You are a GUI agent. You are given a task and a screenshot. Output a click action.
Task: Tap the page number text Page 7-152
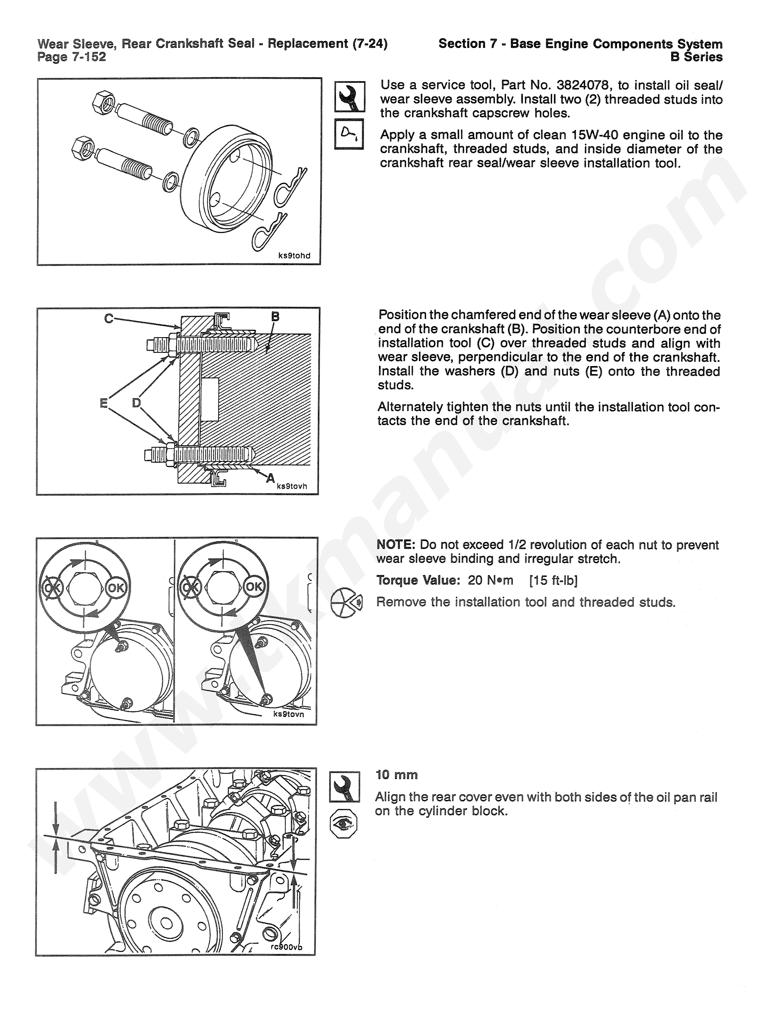(x=72, y=57)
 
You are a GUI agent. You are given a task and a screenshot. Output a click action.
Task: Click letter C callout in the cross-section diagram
(x=109, y=319)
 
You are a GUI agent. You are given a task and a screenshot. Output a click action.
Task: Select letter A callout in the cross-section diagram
(x=270, y=478)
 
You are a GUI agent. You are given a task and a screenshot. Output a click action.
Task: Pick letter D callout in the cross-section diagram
(x=136, y=403)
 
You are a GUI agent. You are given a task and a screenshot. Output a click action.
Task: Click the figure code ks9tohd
(x=294, y=256)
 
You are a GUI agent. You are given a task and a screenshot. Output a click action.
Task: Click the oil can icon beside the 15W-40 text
(x=349, y=134)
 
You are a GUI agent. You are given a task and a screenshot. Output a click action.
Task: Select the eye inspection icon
(x=343, y=823)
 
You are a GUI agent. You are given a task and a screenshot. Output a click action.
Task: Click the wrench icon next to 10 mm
(x=345, y=787)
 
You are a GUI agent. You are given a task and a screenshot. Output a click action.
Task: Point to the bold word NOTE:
(x=395, y=545)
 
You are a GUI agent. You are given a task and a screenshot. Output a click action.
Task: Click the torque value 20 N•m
(x=490, y=580)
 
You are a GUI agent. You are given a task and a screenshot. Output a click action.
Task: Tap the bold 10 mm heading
(x=397, y=775)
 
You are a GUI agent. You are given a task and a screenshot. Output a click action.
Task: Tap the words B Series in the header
(x=696, y=57)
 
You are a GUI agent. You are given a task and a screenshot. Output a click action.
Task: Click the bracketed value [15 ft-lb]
(x=553, y=580)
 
